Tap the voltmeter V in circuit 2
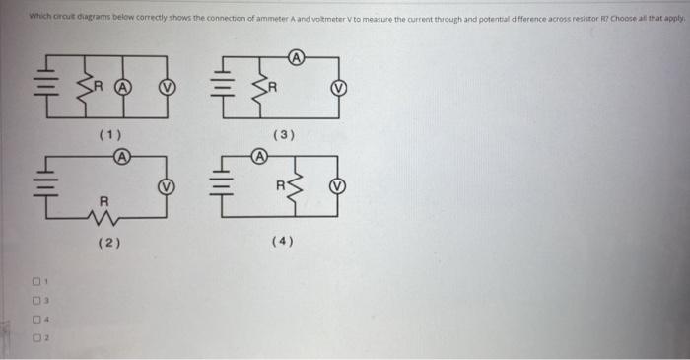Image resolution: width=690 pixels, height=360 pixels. click(167, 184)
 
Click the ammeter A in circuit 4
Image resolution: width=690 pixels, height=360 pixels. click(258, 155)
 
